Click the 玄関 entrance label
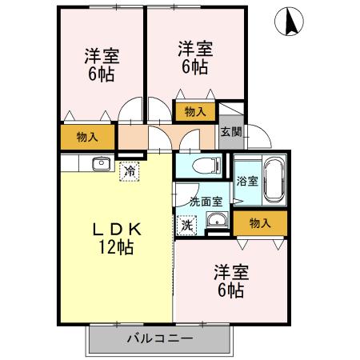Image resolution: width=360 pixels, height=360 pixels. tap(230, 132)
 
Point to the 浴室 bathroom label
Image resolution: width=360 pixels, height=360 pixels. tap(246, 181)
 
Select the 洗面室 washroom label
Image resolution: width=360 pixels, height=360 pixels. tap(204, 202)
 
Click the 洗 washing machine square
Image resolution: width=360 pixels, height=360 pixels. tap(186, 226)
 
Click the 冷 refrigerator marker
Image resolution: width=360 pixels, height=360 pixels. tap(129, 170)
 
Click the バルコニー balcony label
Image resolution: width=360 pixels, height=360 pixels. tap(159, 338)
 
